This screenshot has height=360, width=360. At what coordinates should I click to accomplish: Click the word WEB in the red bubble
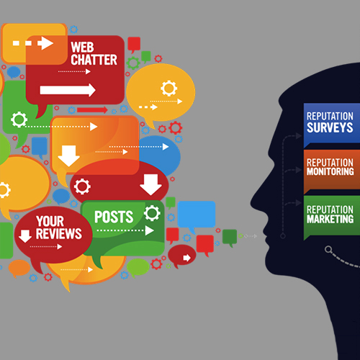pyautogui.click(x=82, y=47)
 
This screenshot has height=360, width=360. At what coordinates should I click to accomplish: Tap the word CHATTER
pyautogui.click(x=94, y=60)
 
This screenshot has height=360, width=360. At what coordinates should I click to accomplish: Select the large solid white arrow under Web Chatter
pyautogui.click(x=68, y=90)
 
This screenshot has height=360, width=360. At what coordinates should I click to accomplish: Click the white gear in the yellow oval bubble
pyautogui.click(x=168, y=89)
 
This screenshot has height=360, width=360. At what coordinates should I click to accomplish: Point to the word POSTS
pyautogui.click(x=114, y=217)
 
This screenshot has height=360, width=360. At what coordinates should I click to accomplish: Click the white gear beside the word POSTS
pyautogui.click(x=152, y=213)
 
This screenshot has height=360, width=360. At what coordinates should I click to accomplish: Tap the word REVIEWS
pyautogui.click(x=59, y=234)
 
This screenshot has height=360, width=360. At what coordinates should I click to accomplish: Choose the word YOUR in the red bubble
pyautogui.click(x=50, y=221)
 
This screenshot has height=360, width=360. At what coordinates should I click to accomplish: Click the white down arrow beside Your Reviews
pyautogui.click(x=25, y=236)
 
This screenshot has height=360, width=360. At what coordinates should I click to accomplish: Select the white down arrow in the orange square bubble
pyautogui.click(x=68, y=156)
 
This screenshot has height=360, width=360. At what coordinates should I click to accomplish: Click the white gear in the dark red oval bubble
pyautogui.click(x=82, y=186)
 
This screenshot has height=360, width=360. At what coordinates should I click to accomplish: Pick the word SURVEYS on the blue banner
pyautogui.click(x=330, y=127)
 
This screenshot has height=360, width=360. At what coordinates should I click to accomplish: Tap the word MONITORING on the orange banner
pyautogui.click(x=330, y=171)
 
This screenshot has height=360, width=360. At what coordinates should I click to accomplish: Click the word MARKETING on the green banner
pyautogui.click(x=330, y=219)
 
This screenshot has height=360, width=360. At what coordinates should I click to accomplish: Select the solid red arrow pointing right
pyautogui.click(x=92, y=110)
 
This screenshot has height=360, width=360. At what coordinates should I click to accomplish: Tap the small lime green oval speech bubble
pyautogui.click(x=138, y=267)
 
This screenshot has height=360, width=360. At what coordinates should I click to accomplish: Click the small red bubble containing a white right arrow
pyautogui.click(x=182, y=256)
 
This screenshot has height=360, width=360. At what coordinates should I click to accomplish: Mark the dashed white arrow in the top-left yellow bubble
pyautogui.click(x=33, y=43)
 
